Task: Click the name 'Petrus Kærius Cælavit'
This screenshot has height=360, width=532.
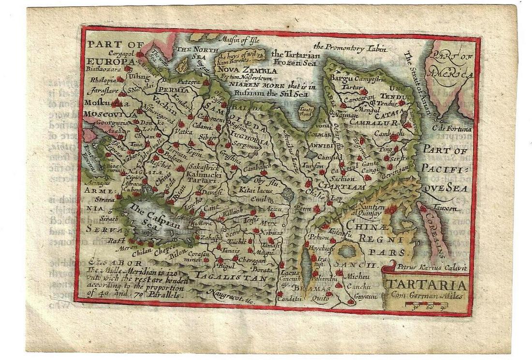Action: (426, 266)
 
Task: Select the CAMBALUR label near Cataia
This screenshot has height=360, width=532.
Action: (377, 123)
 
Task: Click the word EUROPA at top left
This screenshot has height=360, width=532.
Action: (103, 62)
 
